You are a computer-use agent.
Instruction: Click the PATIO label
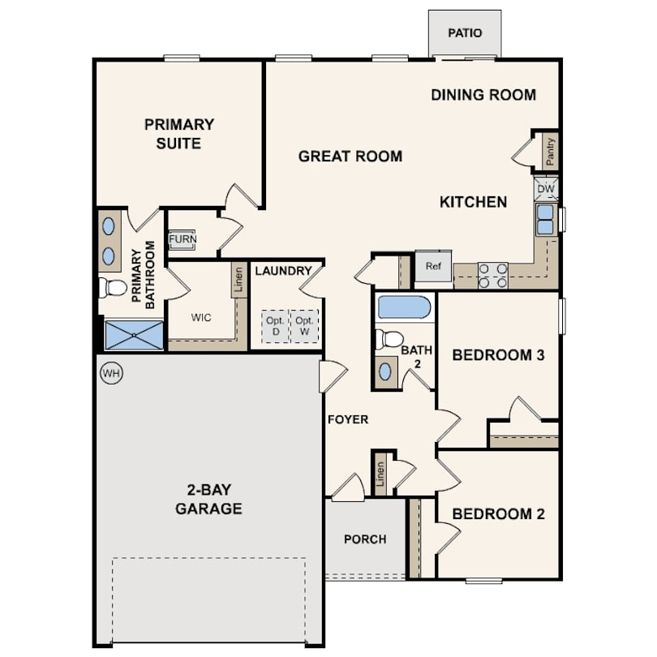pos(465,33)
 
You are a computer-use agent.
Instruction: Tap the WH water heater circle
pos(111,373)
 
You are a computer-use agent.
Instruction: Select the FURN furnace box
pos(182,239)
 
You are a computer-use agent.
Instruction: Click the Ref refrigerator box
pos(433,266)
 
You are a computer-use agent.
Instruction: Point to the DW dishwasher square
pos(546,189)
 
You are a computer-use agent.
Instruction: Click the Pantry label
pos(550,152)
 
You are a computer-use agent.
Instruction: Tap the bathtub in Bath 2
pos(404,307)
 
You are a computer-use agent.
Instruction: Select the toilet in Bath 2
pos(389,339)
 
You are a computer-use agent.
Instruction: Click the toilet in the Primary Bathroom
pos(112,288)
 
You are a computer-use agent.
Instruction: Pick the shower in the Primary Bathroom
pos(134,335)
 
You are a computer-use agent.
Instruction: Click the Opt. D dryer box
pos(275,326)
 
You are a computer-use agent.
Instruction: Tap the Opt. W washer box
pos(305,326)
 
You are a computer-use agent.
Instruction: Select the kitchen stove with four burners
pos(493,276)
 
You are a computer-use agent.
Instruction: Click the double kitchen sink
pos(545,220)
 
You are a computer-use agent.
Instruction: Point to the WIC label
pos(201,318)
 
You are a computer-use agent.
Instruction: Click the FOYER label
pos(348,419)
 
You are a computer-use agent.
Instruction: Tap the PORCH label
pos(365,539)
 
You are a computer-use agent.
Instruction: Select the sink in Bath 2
pos(385,371)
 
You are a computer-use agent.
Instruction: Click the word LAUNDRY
pos(283,271)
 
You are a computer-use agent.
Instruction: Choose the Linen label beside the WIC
pos(238,280)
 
